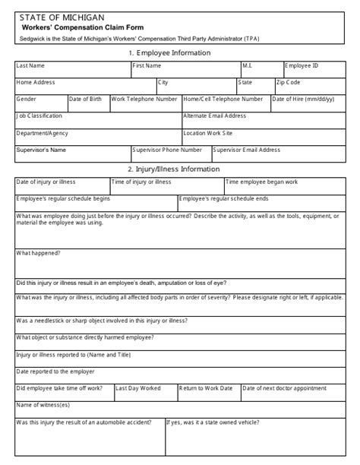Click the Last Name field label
click(x=30, y=66)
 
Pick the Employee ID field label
click(x=302, y=66)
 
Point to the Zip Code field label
click(x=289, y=82)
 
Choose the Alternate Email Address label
click(x=215, y=116)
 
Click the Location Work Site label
click(x=210, y=133)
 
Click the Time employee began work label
click(x=261, y=182)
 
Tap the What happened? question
click(x=39, y=252)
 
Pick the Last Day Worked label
click(x=138, y=387)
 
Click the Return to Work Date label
click(x=205, y=387)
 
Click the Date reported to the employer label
click(x=55, y=371)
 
